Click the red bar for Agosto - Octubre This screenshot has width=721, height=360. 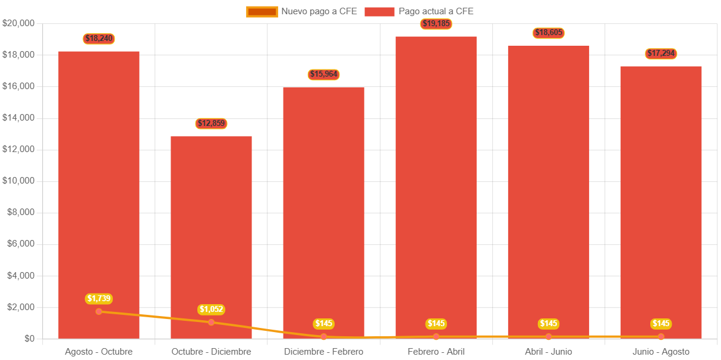[x=99, y=178]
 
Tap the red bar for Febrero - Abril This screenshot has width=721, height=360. [x=436, y=178]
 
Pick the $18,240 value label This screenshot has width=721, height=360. [x=99, y=39]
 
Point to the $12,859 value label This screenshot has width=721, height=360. [x=211, y=124]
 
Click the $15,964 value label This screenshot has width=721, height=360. [x=323, y=74]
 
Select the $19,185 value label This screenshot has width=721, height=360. [x=436, y=24]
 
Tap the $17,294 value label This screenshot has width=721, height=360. [x=661, y=53]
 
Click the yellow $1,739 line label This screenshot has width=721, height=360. [x=99, y=298]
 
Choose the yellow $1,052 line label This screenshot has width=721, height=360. [x=211, y=309]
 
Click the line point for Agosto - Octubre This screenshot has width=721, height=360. [x=99, y=311]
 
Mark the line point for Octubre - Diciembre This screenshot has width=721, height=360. [x=211, y=322]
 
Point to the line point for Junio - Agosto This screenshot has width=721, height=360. [x=661, y=337]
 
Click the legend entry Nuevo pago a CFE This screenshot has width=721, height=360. [x=302, y=11]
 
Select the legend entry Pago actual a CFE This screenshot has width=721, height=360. [x=419, y=11]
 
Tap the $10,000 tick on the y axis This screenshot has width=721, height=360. [x=18, y=181]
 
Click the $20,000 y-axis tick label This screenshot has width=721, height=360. [x=18, y=23]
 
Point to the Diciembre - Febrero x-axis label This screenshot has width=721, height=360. [x=323, y=352]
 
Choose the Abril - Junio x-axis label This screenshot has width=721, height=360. [x=548, y=352]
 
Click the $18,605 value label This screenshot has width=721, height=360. [x=548, y=33]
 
